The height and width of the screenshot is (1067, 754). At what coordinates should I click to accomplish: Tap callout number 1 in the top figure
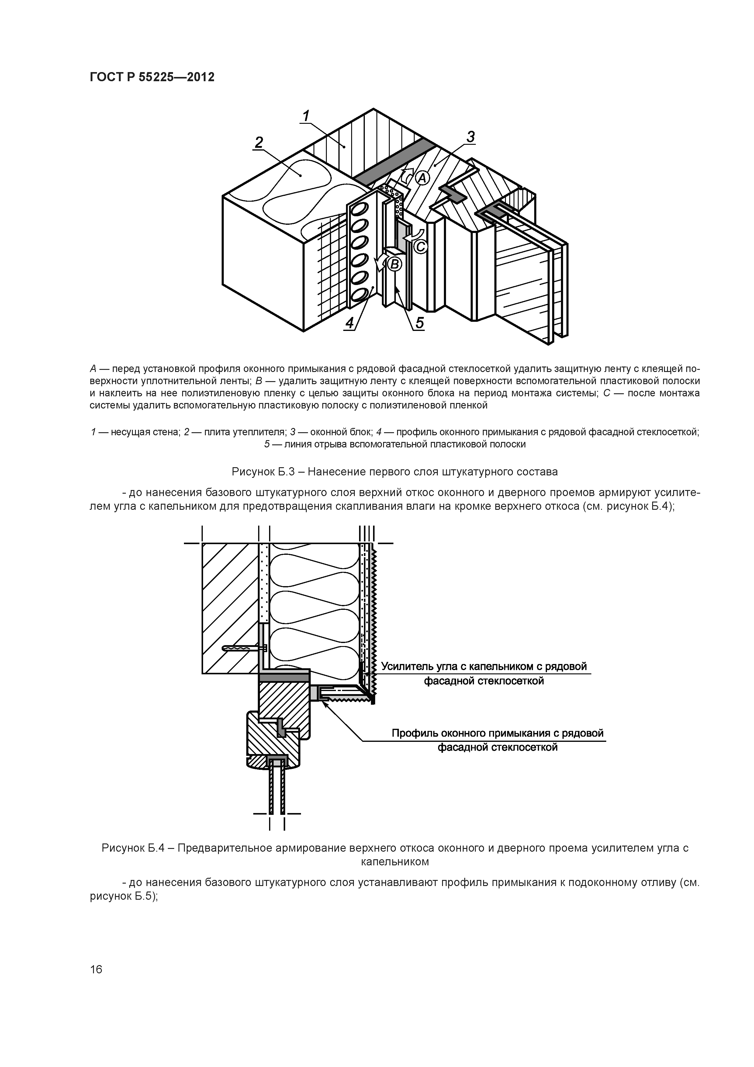coord(306,116)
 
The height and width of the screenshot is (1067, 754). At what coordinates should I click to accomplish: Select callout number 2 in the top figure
coord(259,142)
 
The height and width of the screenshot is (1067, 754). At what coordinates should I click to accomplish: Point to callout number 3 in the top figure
coord(471,137)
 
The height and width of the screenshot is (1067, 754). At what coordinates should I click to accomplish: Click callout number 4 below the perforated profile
coord(349,322)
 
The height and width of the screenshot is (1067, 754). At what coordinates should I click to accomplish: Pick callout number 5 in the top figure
coord(420,322)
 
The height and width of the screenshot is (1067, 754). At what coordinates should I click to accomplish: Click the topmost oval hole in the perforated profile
coord(360,210)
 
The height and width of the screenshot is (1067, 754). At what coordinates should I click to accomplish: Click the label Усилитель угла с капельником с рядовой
coord(484,666)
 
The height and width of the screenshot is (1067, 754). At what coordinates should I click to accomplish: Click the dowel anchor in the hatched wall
coord(244,648)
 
